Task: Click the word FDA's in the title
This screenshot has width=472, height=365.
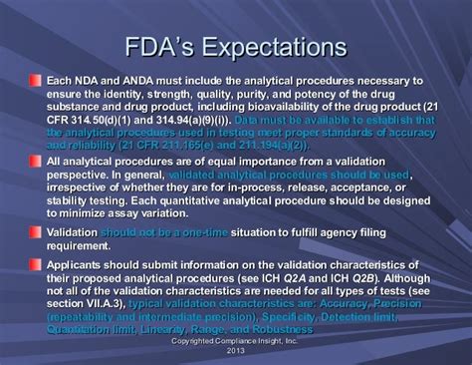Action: tap(173, 47)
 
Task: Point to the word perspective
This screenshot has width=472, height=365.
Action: tap(81, 175)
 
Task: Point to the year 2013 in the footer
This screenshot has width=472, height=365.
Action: tap(236, 351)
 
